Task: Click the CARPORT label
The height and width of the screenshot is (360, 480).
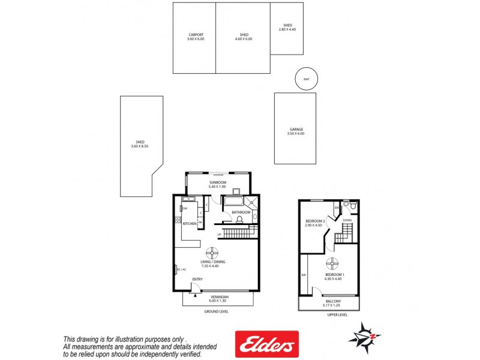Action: point(196,35)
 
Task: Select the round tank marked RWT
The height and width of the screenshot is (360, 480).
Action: point(307,79)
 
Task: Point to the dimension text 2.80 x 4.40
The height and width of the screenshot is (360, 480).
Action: point(288,29)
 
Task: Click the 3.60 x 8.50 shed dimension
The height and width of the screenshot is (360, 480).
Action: point(140,146)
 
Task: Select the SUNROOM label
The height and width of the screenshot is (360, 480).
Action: point(217,182)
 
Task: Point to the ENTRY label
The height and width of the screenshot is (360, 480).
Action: point(197,280)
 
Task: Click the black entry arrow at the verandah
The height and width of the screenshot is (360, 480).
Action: point(196,294)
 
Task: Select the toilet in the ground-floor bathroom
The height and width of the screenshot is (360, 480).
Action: point(239,220)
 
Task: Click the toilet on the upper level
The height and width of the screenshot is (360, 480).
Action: point(353,207)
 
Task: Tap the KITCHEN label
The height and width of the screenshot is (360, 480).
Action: point(190,224)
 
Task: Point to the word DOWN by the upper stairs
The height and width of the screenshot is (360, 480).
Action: point(347,220)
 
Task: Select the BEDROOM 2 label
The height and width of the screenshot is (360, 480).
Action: point(315,221)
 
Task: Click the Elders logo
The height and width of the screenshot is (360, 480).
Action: point(266,344)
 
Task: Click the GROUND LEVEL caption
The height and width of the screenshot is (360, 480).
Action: point(217,311)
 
